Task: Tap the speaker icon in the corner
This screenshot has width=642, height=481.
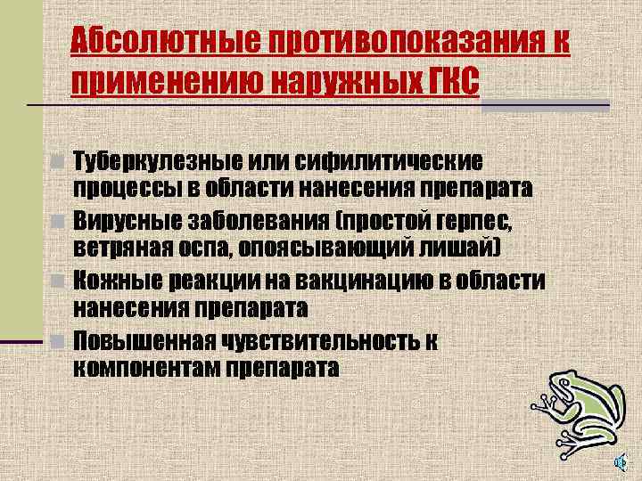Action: [x=621, y=461]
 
